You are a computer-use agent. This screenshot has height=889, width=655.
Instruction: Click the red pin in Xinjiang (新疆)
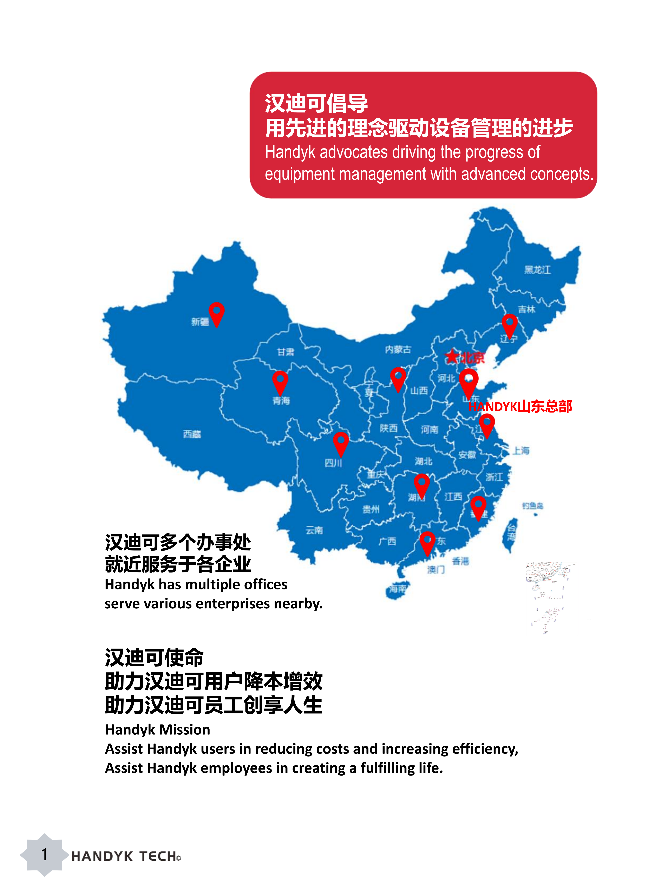pos(216,313)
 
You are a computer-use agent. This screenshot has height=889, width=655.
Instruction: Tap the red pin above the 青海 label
pos(280,381)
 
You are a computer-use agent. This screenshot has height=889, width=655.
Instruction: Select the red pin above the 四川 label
pos(341,443)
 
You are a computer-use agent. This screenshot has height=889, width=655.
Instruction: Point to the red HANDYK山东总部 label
pos(520,406)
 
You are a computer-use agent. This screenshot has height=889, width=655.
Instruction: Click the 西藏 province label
pos(192,434)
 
